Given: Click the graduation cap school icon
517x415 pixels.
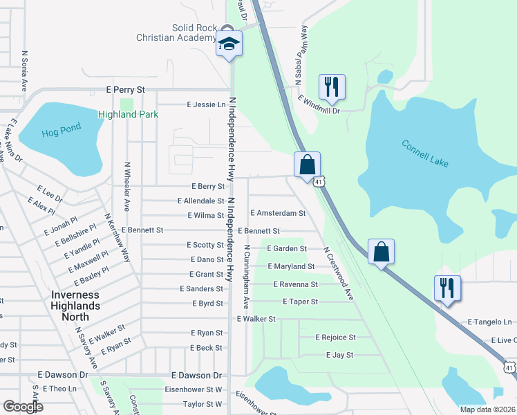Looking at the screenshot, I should [229, 44].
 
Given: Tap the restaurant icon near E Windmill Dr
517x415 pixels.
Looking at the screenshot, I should [332, 87].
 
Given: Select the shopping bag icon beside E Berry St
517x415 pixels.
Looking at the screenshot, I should [307, 165].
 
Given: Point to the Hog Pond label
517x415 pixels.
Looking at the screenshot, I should [61, 128].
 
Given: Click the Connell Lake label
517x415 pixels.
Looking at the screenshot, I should [425, 154].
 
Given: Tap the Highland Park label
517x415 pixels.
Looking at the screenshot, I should [128, 114].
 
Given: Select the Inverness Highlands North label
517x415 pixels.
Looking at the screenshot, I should [75, 305].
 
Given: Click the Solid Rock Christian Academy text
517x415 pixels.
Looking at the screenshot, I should [184, 33].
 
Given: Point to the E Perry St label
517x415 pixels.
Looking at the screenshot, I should [125, 90].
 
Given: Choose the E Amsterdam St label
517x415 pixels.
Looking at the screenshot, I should [278, 214].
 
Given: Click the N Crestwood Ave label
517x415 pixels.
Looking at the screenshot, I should [338, 274].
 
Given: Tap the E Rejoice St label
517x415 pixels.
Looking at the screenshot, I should [335, 338].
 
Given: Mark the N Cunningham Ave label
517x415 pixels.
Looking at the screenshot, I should [245, 277].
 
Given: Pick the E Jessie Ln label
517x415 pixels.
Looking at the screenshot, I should [207, 104].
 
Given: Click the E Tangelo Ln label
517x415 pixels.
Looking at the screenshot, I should [489, 322].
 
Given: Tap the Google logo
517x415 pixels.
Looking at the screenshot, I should [23, 407].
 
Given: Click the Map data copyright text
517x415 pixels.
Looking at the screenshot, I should [488, 409].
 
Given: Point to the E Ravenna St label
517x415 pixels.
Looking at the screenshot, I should [295, 284].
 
